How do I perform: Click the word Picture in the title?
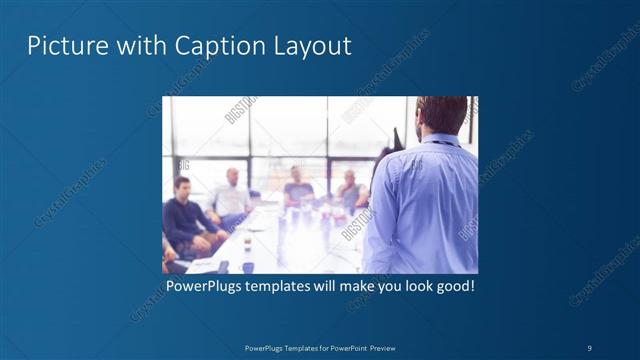pyautogui.click(x=61, y=46)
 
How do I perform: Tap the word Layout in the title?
pyautogui.click(x=310, y=46)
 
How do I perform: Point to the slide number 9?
pyautogui.click(x=590, y=347)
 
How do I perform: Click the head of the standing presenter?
pyautogui.click(x=440, y=115)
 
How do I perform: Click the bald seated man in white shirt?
pyautogui.click(x=232, y=195)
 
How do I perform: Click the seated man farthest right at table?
pyautogui.click(x=350, y=190)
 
